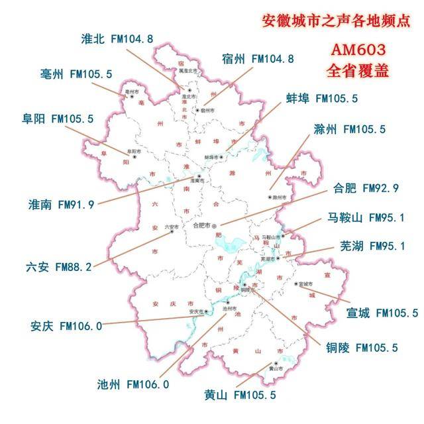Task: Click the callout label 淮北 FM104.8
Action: [x=117, y=39]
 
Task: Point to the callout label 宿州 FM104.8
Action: [x=258, y=59]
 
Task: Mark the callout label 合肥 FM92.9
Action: [x=362, y=188]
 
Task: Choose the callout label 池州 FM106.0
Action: [x=133, y=384]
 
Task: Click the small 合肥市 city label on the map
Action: [x=201, y=225]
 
